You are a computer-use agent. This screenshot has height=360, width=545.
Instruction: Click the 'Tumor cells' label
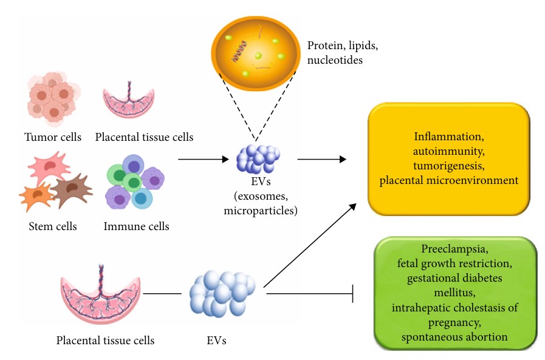coord(53,137)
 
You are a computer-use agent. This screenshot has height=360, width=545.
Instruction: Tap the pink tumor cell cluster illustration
coord(51,97)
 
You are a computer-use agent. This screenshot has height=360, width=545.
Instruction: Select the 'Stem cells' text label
coord(53,226)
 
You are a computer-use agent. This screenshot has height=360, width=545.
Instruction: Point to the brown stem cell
coord(72,190)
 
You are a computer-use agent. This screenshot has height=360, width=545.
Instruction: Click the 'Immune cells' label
coord(136,226)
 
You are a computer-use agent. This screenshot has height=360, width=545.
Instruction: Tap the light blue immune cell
coord(142,198)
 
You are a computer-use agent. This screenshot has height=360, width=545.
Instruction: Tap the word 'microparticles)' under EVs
coord(259,210)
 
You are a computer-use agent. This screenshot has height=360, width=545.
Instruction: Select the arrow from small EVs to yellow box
coord(321,160)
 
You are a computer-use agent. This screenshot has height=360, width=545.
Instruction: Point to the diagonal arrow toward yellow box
coord(310,245)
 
